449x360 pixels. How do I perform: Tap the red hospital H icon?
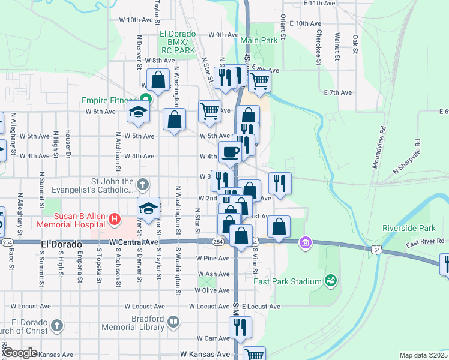pyautogui.click(x=115, y=220)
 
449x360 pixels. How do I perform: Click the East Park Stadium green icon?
pyautogui.click(x=329, y=280)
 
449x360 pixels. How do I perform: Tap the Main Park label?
pyautogui.click(x=259, y=40)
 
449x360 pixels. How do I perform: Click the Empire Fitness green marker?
pyautogui.click(x=145, y=99)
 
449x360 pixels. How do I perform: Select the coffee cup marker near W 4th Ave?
pyautogui.click(x=231, y=152)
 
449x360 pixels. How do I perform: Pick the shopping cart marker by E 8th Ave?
pyautogui.click(x=259, y=80)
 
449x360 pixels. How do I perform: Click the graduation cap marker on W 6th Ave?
pyautogui.click(x=138, y=112)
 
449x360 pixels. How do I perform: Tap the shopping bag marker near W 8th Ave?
pyautogui.click(x=158, y=80)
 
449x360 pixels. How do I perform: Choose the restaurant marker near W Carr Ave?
pyautogui.click(x=240, y=328)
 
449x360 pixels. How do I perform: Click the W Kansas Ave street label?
pyautogui.click(x=205, y=355)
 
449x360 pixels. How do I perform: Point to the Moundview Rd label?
pyautogui.click(x=378, y=147)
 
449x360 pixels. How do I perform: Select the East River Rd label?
pyautogui.click(x=424, y=241)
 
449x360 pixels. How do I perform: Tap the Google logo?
pyautogui.click(x=19, y=353)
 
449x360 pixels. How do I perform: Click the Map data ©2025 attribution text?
pyautogui.click(x=424, y=355)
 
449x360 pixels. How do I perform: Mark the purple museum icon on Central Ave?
pyautogui.click(x=306, y=242)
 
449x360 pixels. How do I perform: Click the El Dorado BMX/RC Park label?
pyautogui.click(x=178, y=43)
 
